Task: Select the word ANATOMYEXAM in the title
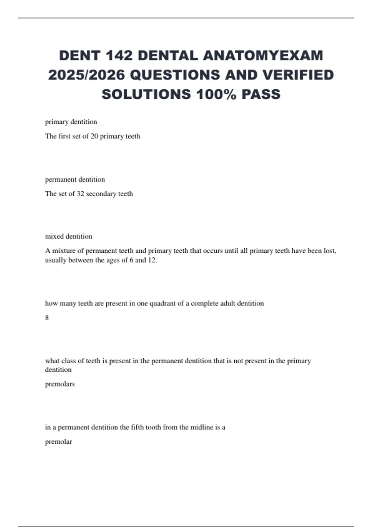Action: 263,56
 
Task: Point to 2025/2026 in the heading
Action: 86,75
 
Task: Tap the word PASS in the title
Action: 261,94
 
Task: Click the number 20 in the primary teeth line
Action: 94,136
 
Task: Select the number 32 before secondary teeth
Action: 80,194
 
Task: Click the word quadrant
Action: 162,303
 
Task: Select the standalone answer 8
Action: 47,317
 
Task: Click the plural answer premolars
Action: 60,384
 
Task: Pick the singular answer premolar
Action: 58,442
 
